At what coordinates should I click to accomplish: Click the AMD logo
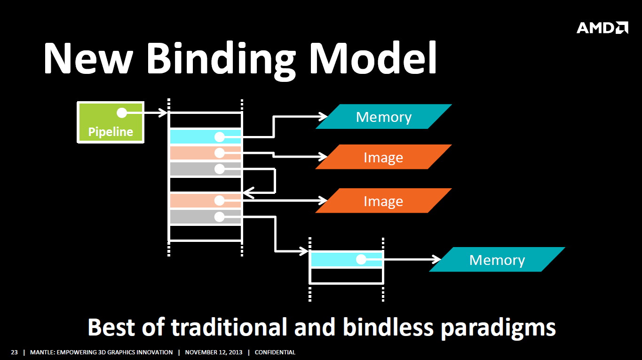(602, 28)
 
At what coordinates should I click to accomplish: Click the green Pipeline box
(111, 122)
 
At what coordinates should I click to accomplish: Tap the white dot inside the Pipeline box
(122, 113)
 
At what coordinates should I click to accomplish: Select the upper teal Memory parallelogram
(384, 116)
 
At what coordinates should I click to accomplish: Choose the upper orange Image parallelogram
(383, 157)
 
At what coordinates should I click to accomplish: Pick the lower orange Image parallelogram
(383, 200)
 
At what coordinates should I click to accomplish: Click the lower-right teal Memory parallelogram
(497, 259)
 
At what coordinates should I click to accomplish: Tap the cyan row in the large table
(206, 137)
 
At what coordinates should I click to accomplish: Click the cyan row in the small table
(347, 259)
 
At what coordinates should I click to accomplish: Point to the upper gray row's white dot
(220, 169)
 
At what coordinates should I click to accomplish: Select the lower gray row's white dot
(220, 217)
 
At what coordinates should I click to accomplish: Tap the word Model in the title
(373, 58)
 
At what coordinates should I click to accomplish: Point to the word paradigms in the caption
(498, 328)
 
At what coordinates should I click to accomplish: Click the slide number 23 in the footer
(14, 352)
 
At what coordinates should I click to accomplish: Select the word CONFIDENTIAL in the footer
(275, 352)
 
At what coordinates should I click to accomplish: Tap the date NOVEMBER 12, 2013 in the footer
(214, 352)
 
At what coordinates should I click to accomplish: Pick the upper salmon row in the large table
(206, 153)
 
